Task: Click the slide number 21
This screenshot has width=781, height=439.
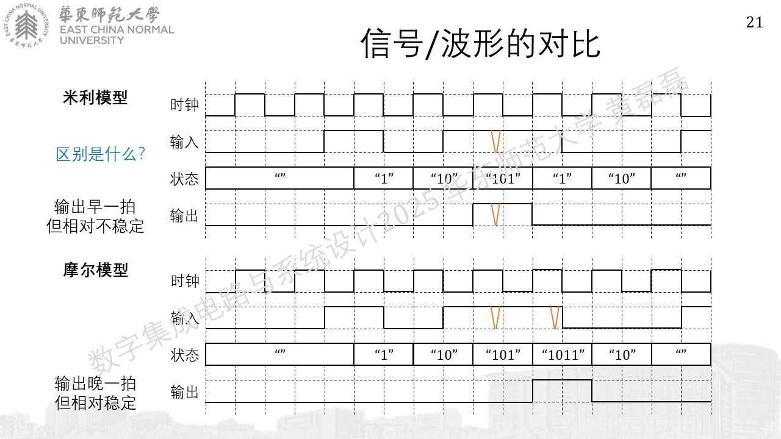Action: click(755, 23)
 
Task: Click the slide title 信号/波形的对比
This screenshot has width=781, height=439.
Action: click(480, 43)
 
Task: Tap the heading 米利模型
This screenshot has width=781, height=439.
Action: click(95, 97)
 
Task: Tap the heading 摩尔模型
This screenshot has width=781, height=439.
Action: click(96, 270)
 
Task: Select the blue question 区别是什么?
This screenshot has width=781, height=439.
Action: click(101, 154)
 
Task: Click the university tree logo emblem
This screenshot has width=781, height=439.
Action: click(26, 25)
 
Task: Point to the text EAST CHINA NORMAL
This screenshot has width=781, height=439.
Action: click(117, 30)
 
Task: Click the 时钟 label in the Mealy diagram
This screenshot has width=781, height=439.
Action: click(184, 104)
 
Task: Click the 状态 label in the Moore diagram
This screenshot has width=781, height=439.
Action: click(184, 355)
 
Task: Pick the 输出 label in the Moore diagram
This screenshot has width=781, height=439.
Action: click(184, 392)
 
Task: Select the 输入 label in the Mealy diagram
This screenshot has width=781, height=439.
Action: click(184, 142)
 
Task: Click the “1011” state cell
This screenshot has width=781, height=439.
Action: click(563, 355)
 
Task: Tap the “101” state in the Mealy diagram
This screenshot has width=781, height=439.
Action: click(503, 179)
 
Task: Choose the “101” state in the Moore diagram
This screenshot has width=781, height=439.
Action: click(503, 355)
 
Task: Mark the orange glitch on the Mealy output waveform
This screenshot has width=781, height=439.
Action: click(495, 214)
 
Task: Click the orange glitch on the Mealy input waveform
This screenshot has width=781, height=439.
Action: click(495, 141)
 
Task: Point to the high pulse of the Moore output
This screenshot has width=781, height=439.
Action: click(562, 380)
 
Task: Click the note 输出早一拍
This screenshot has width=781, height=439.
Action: click(95, 207)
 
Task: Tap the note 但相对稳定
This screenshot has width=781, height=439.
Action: click(95, 403)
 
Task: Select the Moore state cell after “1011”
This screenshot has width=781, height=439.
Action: click(622, 355)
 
